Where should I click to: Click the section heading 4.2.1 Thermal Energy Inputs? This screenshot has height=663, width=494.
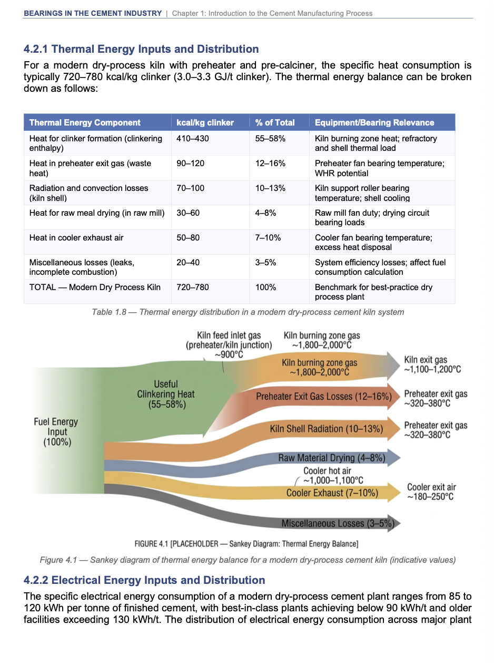pyautogui.click(x=141, y=49)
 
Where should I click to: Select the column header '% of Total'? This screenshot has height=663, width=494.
pyautogui.click(x=275, y=122)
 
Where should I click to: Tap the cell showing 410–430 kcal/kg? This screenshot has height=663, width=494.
pyautogui.click(x=193, y=138)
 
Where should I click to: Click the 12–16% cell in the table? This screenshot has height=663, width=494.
pyautogui.click(x=270, y=163)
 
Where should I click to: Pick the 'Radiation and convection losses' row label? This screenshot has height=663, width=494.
pyautogui.click(x=88, y=193)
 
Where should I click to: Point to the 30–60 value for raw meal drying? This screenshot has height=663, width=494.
pyautogui.click(x=188, y=213)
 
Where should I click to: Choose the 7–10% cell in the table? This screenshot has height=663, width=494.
pyautogui.click(x=268, y=237)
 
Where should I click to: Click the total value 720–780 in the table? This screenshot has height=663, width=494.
pyautogui.click(x=193, y=287)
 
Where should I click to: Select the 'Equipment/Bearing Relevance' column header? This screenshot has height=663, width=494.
pyautogui.click(x=374, y=122)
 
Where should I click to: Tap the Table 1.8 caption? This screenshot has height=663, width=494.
pyautogui.click(x=248, y=312)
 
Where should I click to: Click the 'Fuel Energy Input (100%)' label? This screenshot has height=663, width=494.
pyautogui.click(x=56, y=431)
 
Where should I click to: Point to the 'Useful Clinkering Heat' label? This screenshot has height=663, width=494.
pyautogui.click(x=165, y=394)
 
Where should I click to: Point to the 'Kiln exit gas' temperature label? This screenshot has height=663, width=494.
pyautogui.click(x=432, y=364)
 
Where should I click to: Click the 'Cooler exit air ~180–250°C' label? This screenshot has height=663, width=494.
pyautogui.click(x=431, y=492)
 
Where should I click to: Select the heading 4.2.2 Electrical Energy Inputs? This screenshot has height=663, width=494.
pyautogui.click(x=144, y=580)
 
